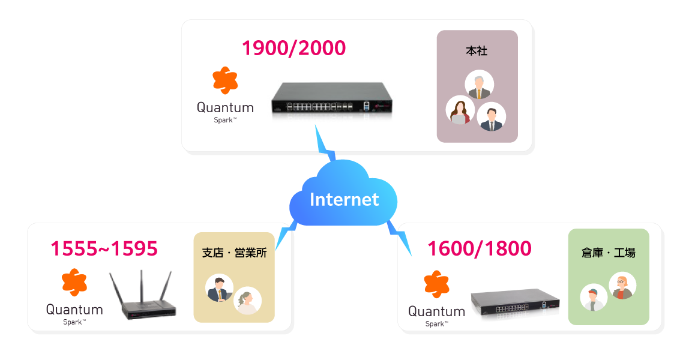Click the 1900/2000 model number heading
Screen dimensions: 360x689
tap(293, 48)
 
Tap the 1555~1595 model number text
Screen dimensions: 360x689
tap(104, 248)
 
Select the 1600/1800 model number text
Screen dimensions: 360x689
tap(479, 248)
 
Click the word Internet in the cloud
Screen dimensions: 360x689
tap(344, 199)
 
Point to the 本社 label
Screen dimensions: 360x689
tap(477, 52)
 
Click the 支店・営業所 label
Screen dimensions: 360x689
tap(234, 253)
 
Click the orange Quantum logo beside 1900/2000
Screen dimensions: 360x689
tap(225, 81)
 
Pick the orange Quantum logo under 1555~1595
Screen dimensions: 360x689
tap(74, 282)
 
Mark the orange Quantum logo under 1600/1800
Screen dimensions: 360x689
tap(436, 284)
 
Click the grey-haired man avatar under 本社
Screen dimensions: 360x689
tap(479, 85)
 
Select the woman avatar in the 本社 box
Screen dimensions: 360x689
tap(460, 110)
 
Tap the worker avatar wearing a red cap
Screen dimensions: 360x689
tap(594, 297)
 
